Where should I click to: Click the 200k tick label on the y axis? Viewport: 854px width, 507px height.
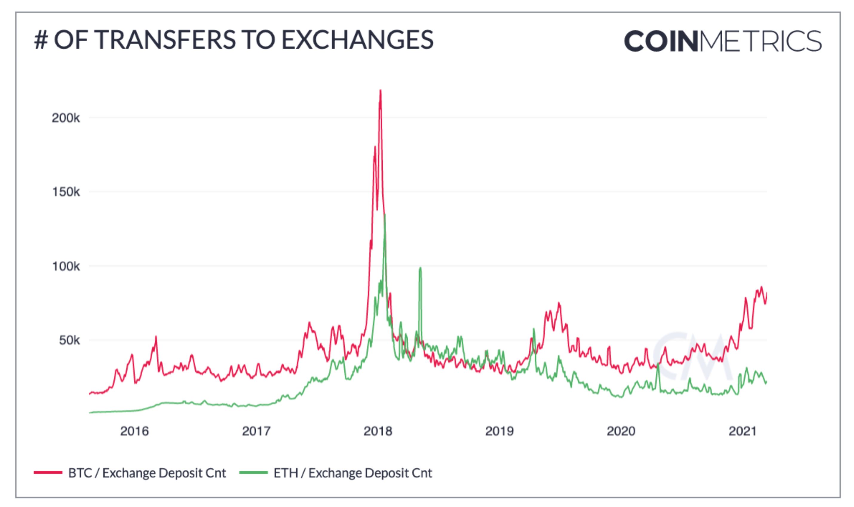click(66, 118)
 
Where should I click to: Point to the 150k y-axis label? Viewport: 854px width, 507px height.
click(66, 192)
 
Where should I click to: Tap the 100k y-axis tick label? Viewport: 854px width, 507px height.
click(66, 266)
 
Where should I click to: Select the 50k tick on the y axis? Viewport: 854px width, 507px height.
click(69, 340)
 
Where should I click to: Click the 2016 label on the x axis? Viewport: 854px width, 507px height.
click(134, 431)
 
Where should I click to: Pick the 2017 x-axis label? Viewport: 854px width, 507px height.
click(256, 431)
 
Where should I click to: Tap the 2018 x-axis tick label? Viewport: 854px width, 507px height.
click(378, 431)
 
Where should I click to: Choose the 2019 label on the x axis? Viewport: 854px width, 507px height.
click(499, 431)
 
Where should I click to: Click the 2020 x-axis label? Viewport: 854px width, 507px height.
click(621, 431)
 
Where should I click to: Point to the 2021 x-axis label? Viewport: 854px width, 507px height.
click(743, 431)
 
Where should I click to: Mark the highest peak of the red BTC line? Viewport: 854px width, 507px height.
click(380, 91)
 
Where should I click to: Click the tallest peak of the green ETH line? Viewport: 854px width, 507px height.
click(385, 215)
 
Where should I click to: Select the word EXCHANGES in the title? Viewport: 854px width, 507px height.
click(358, 40)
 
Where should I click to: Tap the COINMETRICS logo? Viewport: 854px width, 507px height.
click(723, 41)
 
